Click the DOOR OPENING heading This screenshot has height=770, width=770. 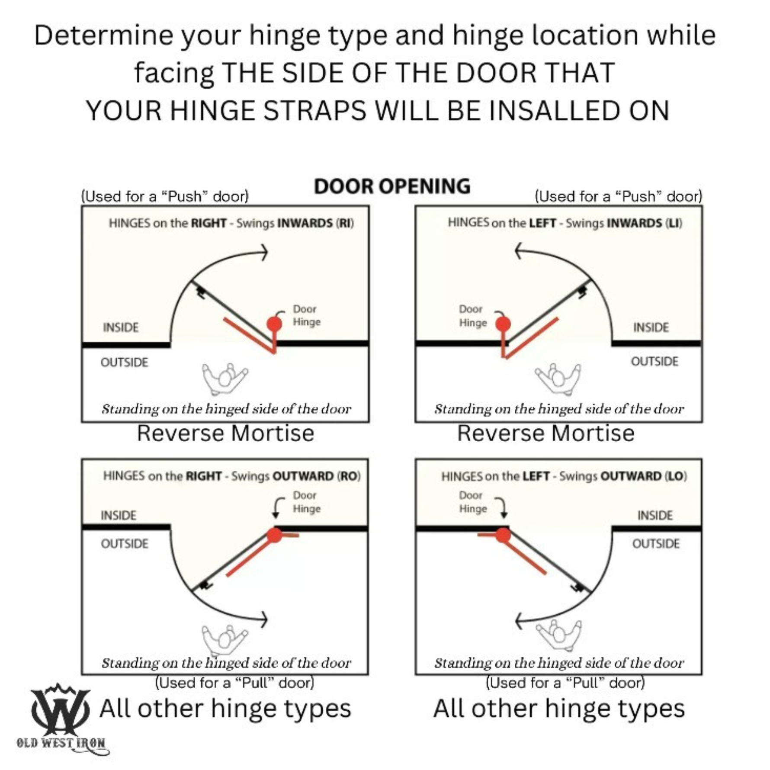(391, 186)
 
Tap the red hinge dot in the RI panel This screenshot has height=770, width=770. (274, 324)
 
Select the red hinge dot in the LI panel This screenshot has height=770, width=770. (503, 324)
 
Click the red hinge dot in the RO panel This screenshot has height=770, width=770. (274, 535)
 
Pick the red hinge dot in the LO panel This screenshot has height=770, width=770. (503, 535)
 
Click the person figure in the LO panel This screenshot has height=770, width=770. (558, 634)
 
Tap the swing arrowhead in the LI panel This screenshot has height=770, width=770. (518, 251)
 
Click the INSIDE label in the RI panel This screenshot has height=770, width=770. (121, 327)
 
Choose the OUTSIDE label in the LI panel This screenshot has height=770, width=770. (654, 361)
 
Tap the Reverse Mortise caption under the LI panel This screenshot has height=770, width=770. (545, 433)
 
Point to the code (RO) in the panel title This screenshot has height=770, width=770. (349, 476)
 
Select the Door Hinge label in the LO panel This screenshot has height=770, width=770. (472, 502)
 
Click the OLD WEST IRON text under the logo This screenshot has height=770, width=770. (61, 743)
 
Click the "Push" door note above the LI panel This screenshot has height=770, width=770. (618, 196)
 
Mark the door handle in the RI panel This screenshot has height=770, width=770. (201, 292)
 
